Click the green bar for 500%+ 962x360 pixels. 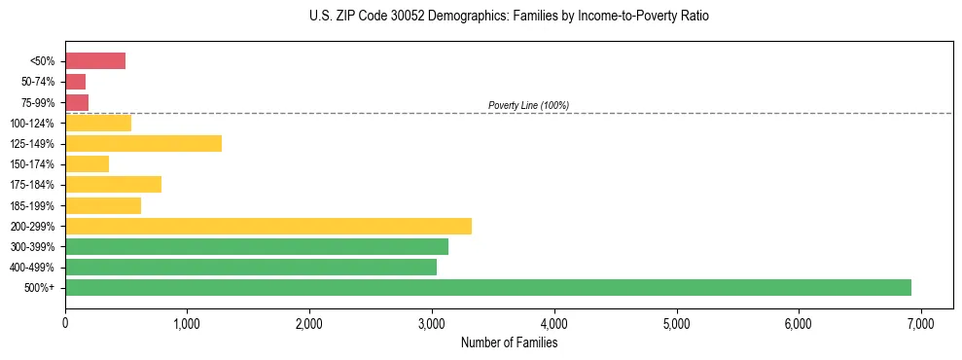[x=487, y=287]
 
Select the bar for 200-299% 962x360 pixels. [x=268, y=226]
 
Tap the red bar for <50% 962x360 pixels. [x=95, y=61]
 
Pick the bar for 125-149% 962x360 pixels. [x=143, y=144]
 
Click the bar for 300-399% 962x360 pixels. [x=257, y=246]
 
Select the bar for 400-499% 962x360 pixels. [x=251, y=267]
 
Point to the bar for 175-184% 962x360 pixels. [x=113, y=185]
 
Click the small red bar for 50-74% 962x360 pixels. [x=75, y=82]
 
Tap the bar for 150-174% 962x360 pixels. [x=87, y=164]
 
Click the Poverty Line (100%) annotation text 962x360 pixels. [x=528, y=105]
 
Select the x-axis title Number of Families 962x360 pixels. [x=509, y=342]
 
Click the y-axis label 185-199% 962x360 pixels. [x=32, y=205]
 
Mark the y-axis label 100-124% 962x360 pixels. [x=32, y=124]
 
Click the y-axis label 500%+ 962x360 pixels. [x=39, y=288]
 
